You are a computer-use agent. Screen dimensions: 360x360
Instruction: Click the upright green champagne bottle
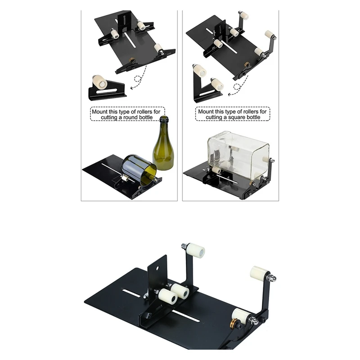point(162,147)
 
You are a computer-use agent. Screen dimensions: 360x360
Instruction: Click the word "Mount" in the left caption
point(99,112)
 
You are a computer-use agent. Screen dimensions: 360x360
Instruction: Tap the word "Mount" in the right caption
point(206,112)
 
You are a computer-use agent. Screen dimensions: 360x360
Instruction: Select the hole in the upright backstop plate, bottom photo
point(158,268)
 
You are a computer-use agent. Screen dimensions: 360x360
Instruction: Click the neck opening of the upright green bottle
point(164,117)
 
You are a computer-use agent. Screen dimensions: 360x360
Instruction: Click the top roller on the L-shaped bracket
point(200,71)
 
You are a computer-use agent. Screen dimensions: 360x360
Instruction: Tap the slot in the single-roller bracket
point(106,91)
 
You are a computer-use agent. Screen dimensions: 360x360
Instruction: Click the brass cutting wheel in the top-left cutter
point(132,60)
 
